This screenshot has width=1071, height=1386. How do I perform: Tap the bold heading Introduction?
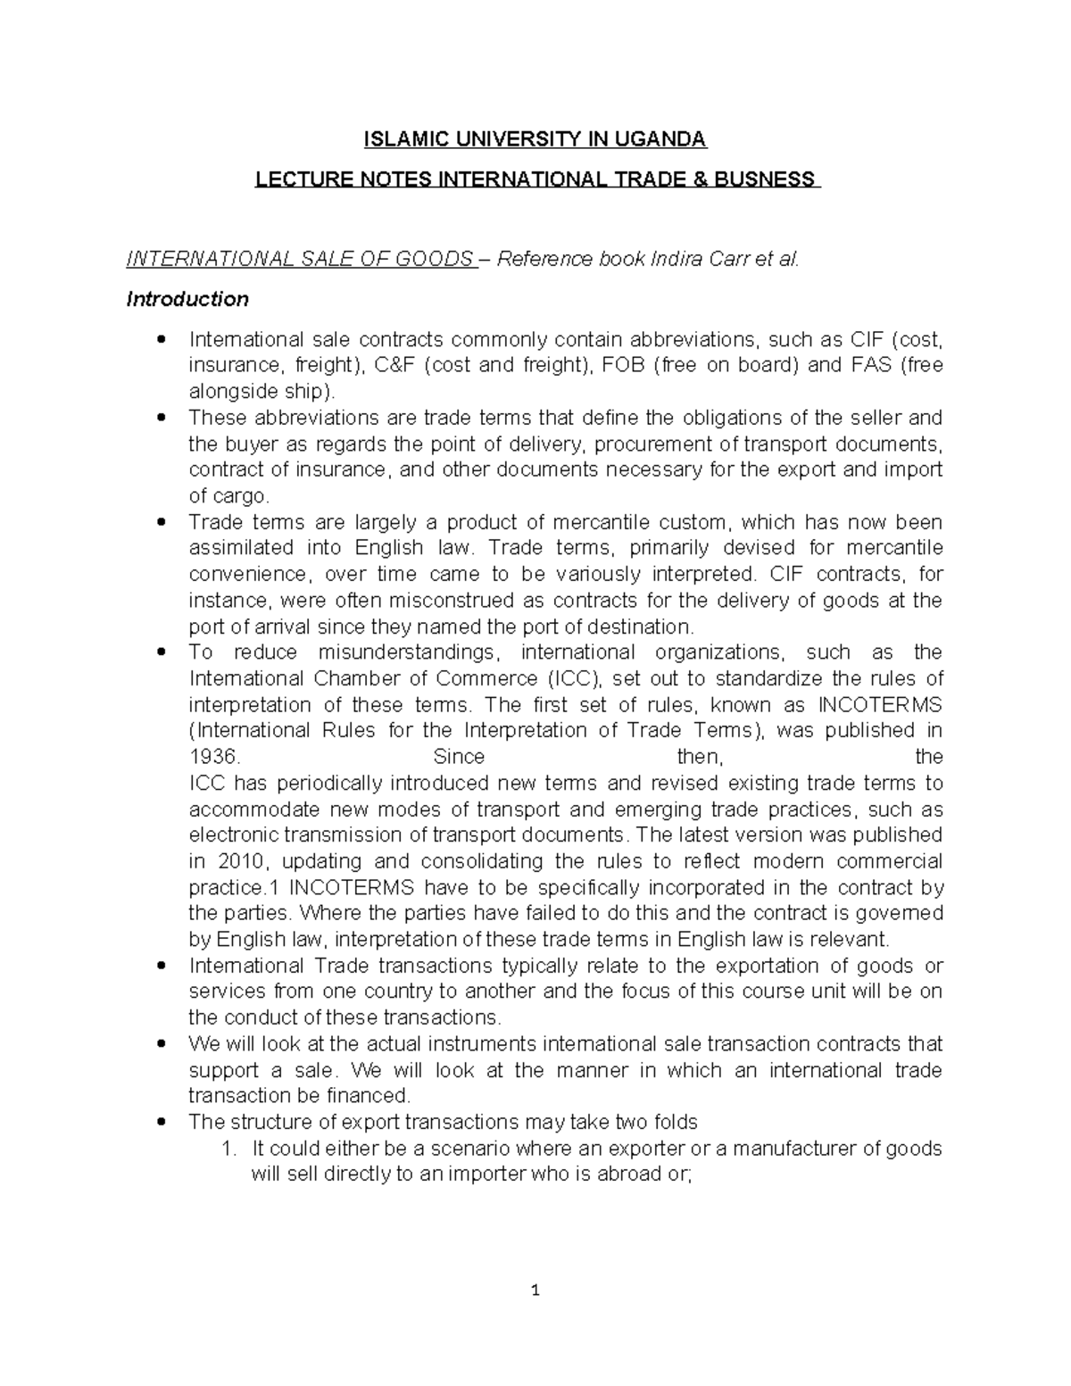(x=187, y=299)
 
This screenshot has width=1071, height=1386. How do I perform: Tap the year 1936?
(x=214, y=757)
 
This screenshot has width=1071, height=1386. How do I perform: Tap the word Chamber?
(x=353, y=678)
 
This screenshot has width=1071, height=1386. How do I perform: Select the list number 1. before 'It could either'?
(x=228, y=1148)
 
